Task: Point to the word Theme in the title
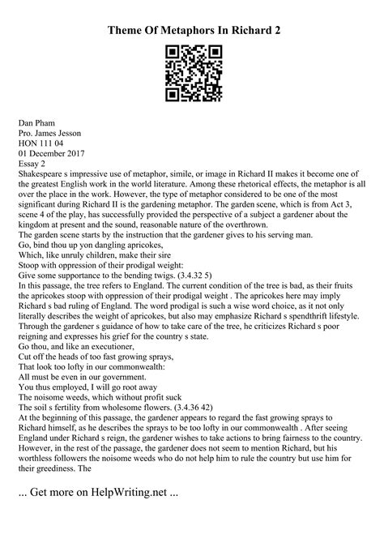coord(132,31)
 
